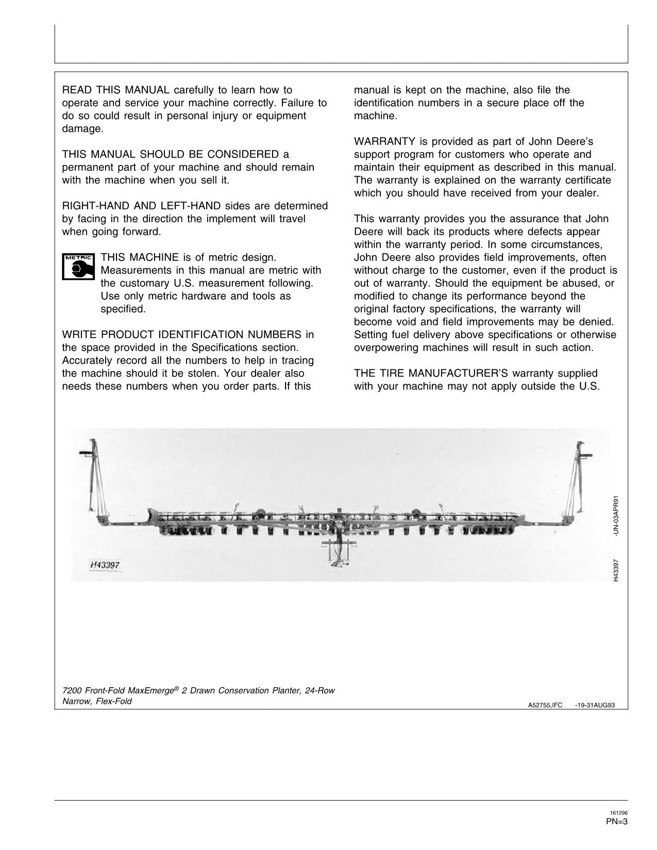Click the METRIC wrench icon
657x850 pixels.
(x=78, y=266)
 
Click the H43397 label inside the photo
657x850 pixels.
(x=105, y=565)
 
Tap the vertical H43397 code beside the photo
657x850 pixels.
(x=616, y=571)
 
